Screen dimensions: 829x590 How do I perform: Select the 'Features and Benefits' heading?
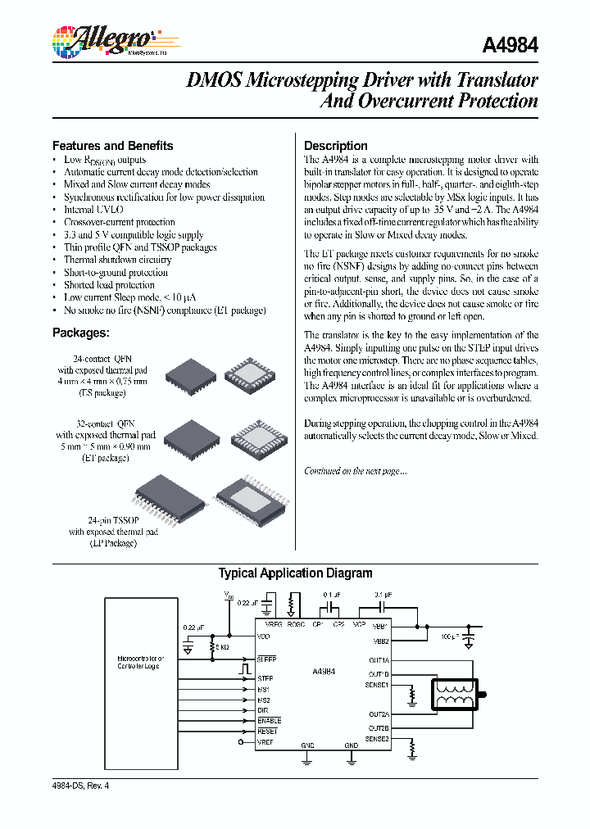coord(113,146)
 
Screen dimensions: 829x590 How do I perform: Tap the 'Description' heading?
coord(336,146)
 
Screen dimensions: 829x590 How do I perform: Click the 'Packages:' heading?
coord(80,333)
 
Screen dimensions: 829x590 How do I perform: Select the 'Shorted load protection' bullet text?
coord(109,285)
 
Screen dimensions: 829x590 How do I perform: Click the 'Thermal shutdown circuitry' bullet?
coord(117,260)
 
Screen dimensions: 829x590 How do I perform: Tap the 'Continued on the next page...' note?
coord(355,471)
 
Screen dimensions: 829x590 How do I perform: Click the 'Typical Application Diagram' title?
coord(295,573)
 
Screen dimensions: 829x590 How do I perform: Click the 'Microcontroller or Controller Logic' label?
coord(141,662)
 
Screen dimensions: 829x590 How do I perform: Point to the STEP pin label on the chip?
coord(265,678)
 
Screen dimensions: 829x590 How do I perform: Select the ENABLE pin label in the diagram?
coord(269,721)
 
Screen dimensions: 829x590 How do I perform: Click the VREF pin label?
coord(265,742)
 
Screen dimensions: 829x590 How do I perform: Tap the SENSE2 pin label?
coord(377,739)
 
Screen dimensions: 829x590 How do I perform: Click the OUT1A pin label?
coord(379,659)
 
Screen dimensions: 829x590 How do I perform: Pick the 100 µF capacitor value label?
coord(451,636)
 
